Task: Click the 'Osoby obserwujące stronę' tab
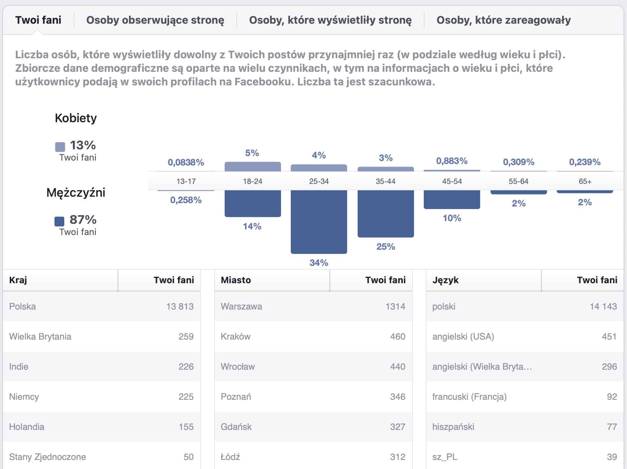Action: [x=155, y=20]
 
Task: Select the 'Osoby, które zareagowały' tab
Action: [x=503, y=20]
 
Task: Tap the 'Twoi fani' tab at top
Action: [x=38, y=20]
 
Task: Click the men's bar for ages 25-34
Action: [x=319, y=222]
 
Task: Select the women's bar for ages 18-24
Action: [x=252, y=167]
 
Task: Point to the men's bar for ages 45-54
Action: [x=452, y=199]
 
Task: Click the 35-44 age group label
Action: [x=385, y=181]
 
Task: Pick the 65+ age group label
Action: [x=585, y=181]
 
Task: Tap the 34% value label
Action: [x=319, y=263]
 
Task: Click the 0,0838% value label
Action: [x=186, y=162]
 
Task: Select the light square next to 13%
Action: [x=60, y=146]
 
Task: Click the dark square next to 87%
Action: [x=59, y=221]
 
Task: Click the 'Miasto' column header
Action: [x=236, y=280]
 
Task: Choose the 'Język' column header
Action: [x=446, y=280]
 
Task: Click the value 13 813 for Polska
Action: [x=180, y=307]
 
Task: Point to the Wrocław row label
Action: [x=238, y=367]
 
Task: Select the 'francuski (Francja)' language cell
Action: [x=469, y=397]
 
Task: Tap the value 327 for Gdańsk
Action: [x=397, y=427]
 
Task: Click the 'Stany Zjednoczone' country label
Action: [x=47, y=457]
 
